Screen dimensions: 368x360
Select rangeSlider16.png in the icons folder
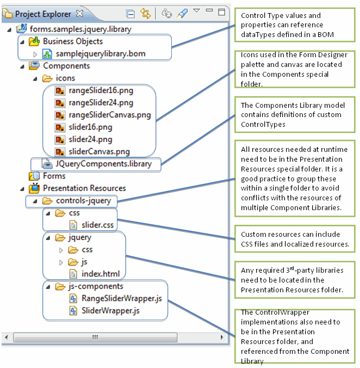click(x=101, y=90)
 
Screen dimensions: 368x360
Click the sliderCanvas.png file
click(x=99, y=151)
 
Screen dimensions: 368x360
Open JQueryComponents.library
click(x=103, y=163)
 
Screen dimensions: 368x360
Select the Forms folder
click(x=54, y=176)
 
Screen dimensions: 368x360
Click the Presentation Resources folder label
click(x=84, y=188)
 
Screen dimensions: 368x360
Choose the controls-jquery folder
click(x=83, y=201)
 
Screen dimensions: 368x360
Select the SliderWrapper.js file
click(x=110, y=310)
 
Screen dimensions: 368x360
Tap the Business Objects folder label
click(x=72, y=41)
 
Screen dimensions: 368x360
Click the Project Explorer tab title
click(x=43, y=14)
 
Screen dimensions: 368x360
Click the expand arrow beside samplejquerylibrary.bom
click(x=35, y=54)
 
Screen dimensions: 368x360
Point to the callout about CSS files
click(x=294, y=239)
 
